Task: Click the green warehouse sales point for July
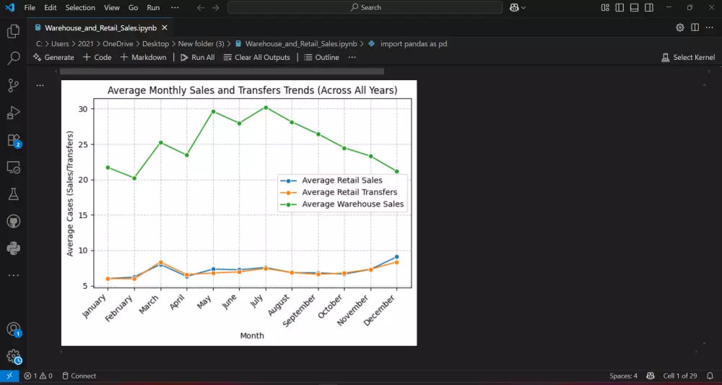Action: tap(266, 108)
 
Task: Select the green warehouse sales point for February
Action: tap(134, 178)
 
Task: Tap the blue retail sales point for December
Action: tap(396, 257)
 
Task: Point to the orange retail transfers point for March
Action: tap(160, 262)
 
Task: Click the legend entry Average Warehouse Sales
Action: tap(352, 204)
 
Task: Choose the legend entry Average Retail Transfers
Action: tap(349, 192)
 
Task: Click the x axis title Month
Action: tap(252, 336)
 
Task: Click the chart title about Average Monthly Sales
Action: tap(252, 91)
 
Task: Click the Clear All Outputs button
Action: tap(256, 57)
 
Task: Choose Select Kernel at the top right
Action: tap(688, 57)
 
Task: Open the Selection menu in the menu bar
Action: tap(79, 7)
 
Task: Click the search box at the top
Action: tap(365, 7)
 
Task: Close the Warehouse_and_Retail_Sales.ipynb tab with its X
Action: tap(165, 27)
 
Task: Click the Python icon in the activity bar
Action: tap(13, 248)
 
